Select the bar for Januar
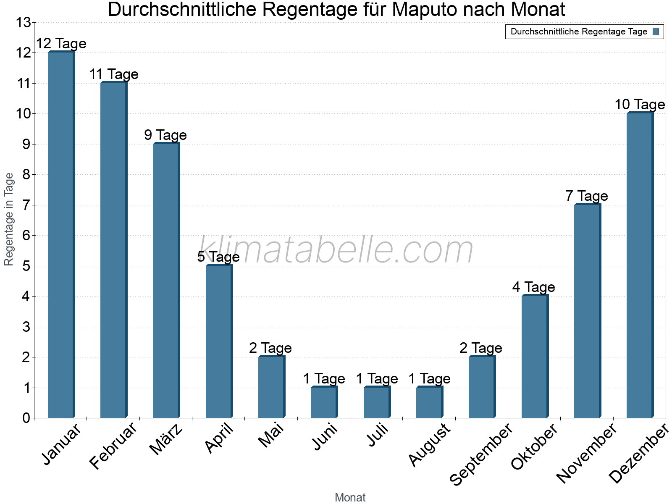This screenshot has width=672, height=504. point(61,235)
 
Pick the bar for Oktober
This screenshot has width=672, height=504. point(535,357)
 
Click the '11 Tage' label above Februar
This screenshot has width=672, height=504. point(114,74)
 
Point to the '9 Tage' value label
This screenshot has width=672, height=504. point(165,135)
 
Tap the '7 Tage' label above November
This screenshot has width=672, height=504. point(587,196)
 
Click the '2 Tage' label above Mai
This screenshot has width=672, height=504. point(270,348)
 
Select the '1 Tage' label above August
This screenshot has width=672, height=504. point(429,379)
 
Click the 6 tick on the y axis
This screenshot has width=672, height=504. point(26,236)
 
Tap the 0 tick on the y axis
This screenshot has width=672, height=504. point(26,418)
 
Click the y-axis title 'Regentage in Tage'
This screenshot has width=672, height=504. point(9,219)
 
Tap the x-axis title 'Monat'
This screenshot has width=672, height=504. point(350,498)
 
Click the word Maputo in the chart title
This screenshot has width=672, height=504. point(423,10)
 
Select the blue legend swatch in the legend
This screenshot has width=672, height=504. point(656,31)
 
